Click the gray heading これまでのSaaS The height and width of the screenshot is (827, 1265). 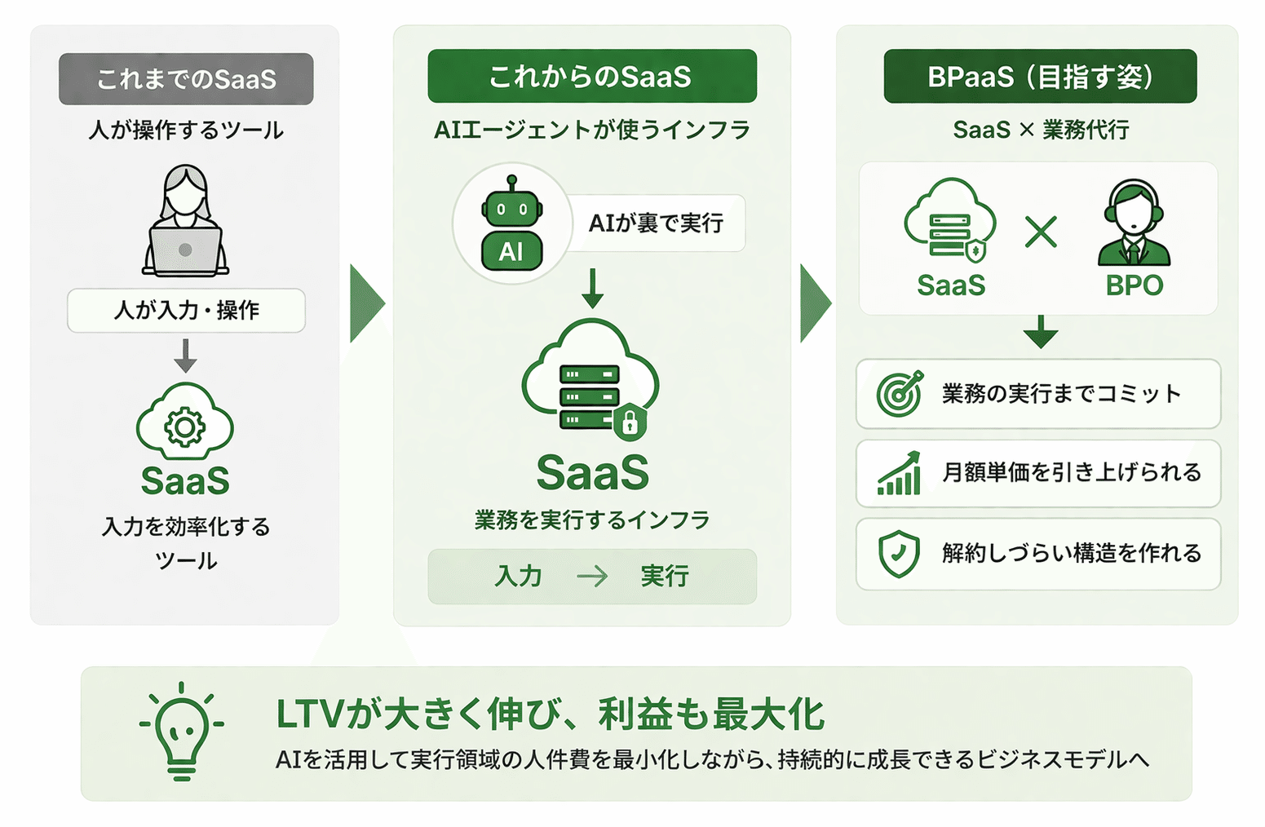coord(186,79)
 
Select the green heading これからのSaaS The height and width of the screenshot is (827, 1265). coord(591,77)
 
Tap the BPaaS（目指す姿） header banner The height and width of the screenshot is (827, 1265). coord(1040,77)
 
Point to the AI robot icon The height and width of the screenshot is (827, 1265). coord(511,223)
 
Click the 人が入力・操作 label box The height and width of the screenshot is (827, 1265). coord(186,310)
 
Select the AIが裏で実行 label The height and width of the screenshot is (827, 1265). coord(656,223)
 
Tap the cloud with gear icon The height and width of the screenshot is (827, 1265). coord(185,424)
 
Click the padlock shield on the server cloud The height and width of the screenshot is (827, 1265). coord(630,422)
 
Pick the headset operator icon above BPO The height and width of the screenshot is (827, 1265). coord(1134,223)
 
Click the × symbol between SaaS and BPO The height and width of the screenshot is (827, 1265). coord(1041,232)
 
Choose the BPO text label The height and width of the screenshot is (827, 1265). coord(1134,285)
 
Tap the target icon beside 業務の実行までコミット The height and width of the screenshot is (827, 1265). coord(899,393)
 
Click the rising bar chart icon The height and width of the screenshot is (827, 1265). coord(899,473)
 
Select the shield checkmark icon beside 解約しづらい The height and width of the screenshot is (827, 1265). coord(899,554)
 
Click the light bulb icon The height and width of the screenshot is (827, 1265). coord(181,730)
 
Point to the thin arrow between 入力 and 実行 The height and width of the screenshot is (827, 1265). coord(592,577)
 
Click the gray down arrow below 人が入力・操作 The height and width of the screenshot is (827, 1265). coord(186,356)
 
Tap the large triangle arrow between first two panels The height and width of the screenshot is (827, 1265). coord(366,303)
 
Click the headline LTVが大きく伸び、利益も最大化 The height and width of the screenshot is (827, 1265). coord(551,714)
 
